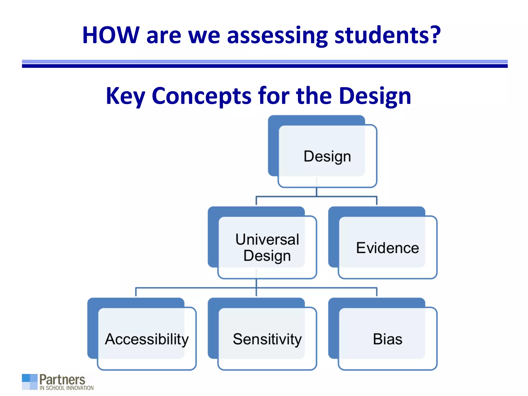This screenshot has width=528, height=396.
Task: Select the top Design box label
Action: point(327,156)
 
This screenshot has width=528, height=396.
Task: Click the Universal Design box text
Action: point(267,247)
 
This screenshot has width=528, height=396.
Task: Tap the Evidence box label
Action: point(387,248)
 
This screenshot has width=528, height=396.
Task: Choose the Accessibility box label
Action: point(147,339)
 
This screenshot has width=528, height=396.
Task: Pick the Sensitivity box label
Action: point(267,339)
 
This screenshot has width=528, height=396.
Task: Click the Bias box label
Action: point(387,339)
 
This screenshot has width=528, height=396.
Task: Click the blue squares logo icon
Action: point(30,382)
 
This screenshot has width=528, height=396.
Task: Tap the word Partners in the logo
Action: point(62,379)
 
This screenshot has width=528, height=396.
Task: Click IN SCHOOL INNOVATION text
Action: point(67,388)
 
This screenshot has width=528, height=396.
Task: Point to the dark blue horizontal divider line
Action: point(265,66)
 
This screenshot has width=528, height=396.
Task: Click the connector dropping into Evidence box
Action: point(377,201)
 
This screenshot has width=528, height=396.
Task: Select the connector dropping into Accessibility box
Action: point(136,292)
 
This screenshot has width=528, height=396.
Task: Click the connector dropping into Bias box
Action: point(377,292)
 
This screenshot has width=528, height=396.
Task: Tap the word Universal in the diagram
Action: point(267,240)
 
